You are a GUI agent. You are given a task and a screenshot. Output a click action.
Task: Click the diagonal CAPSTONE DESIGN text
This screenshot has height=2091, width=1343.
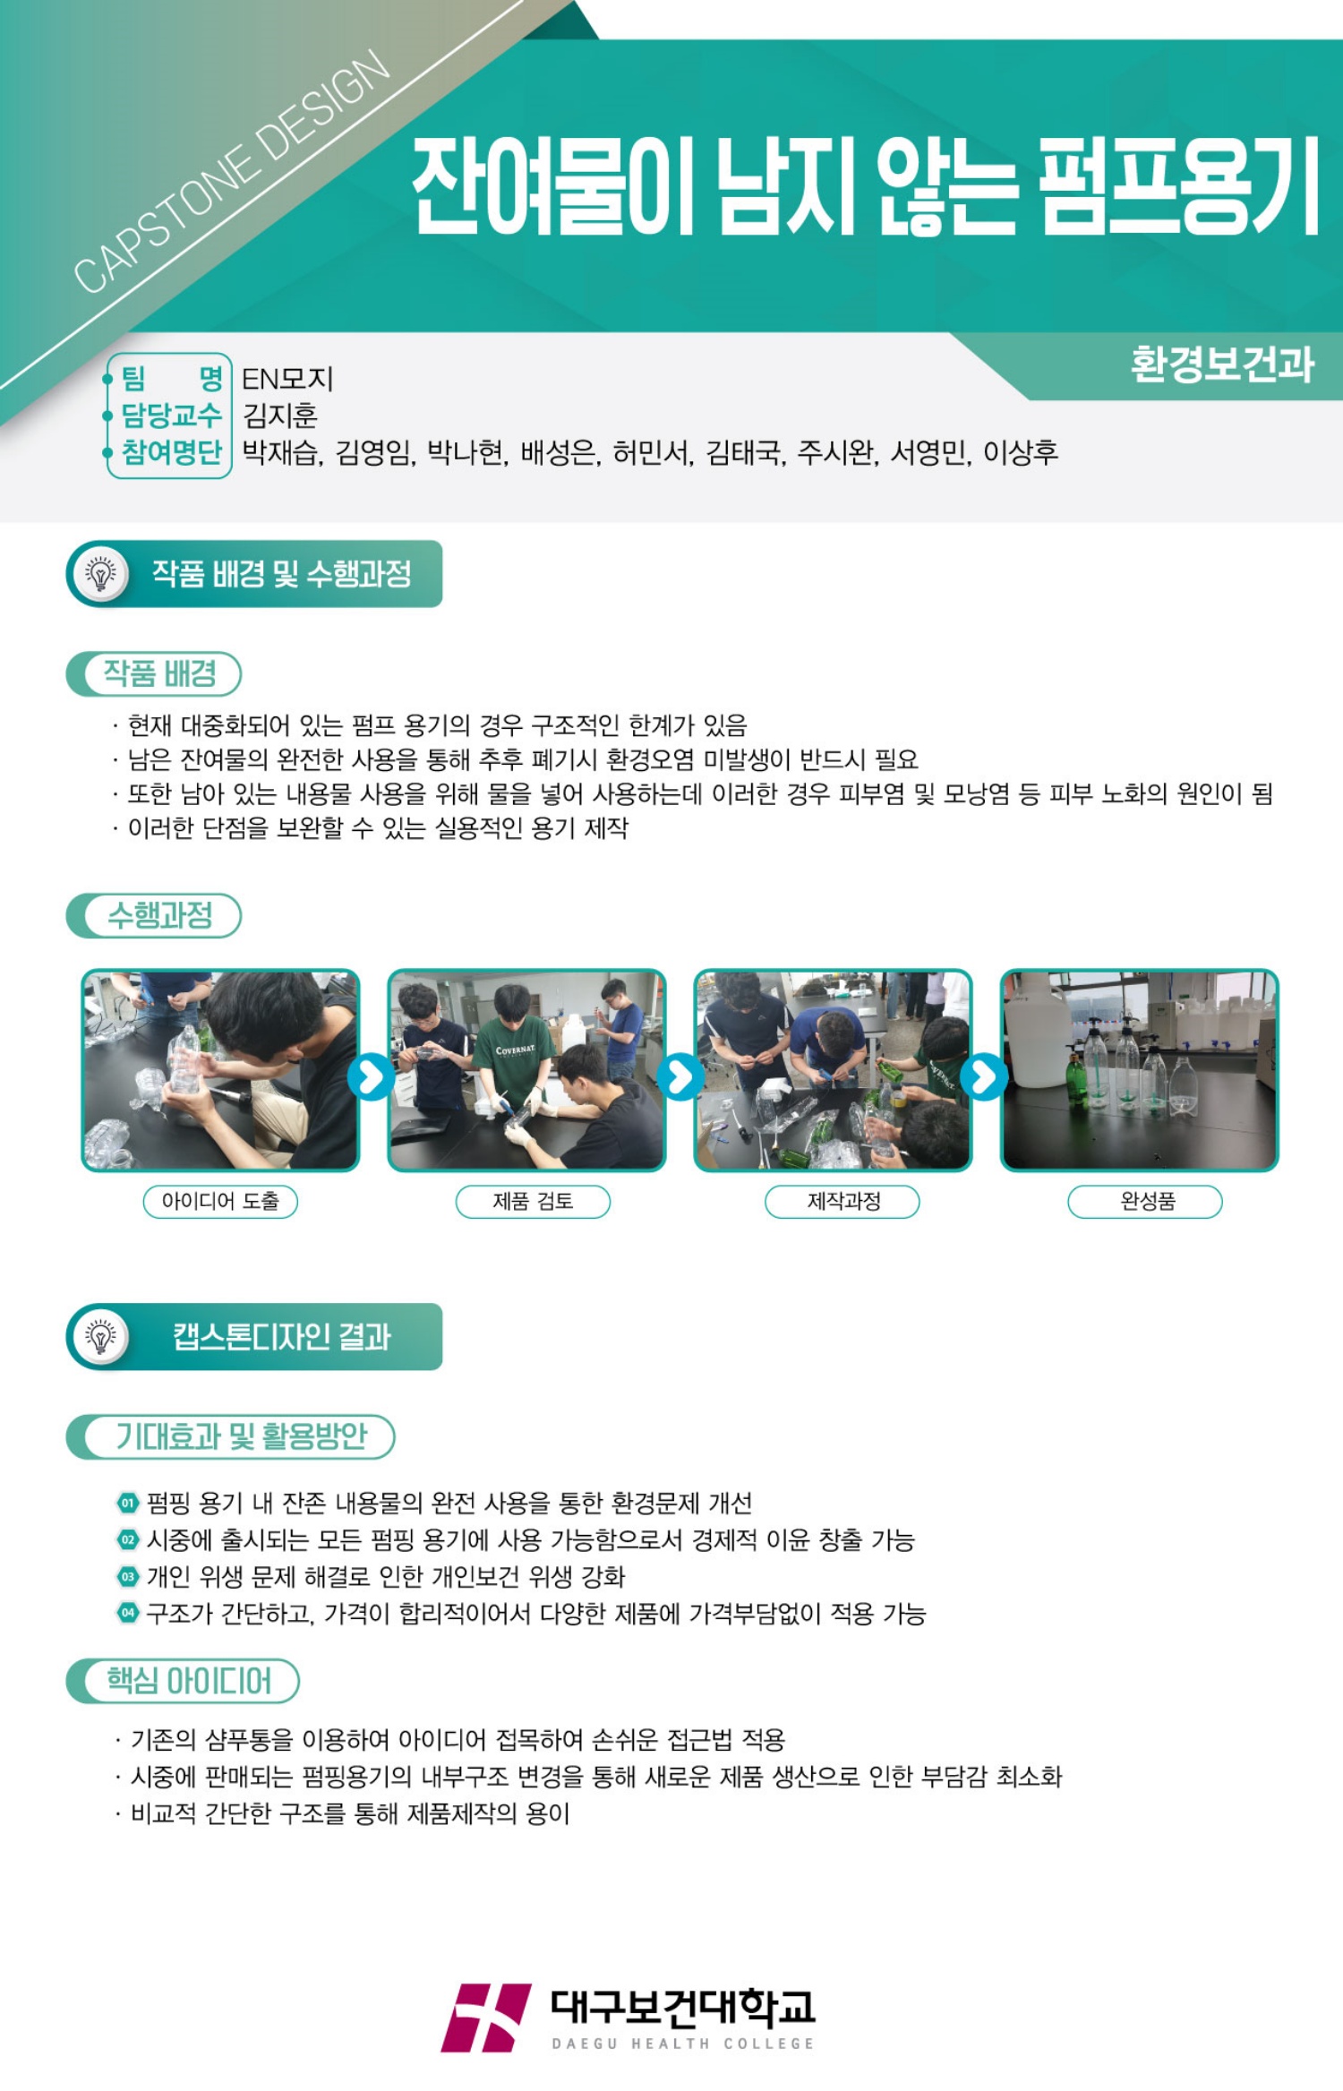[x=232, y=172]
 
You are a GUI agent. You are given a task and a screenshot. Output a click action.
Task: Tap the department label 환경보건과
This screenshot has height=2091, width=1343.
[x=1222, y=364]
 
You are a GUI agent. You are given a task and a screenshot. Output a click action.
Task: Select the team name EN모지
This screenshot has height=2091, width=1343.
[x=287, y=379]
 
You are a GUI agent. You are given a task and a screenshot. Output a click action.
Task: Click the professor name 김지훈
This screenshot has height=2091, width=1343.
[x=280, y=416]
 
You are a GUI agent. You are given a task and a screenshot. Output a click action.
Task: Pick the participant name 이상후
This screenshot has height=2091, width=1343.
[x=1021, y=453]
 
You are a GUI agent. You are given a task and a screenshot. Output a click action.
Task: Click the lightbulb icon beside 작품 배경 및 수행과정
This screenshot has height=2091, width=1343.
[x=101, y=574]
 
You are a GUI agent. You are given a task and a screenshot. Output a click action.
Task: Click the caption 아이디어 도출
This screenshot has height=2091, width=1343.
[x=220, y=1202]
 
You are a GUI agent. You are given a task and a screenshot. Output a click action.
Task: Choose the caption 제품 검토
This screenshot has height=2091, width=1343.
[x=533, y=1202]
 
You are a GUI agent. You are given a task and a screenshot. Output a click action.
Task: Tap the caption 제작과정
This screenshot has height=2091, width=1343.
[x=843, y=1202]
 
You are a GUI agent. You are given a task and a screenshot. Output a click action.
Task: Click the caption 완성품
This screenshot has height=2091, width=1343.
[x=1145, y=1202]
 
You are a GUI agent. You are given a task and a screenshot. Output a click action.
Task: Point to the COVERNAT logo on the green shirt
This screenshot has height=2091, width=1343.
[x=515, y=1050]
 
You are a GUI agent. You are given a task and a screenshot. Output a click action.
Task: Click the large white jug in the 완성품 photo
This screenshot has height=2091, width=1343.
[x=1037, y=1030]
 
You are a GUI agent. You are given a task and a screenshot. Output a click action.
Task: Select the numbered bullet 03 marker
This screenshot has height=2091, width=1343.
[x=128, y=1576]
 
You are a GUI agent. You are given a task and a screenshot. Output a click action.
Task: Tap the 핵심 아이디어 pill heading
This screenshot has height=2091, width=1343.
[x=183, y=1681]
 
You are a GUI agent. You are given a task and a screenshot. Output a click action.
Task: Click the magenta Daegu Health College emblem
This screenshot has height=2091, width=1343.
[x=485, y=2017]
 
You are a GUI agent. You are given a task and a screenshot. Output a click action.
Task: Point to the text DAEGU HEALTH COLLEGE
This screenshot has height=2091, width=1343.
[x=683, y=2044]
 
